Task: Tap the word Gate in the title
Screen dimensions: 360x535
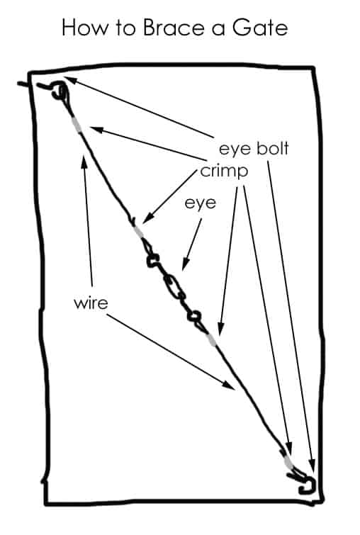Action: tap(260, 28)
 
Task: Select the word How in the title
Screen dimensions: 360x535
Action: tap(84, 28)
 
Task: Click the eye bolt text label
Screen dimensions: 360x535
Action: tap(254, 149)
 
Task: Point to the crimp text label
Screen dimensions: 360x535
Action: tap(224, 171)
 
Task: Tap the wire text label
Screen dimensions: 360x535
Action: tap(91, 303)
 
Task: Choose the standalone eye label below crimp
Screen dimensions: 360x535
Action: tap(201, 203)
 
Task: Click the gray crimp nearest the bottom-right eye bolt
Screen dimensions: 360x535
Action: tap(288, 462)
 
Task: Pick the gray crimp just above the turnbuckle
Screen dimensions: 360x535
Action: tap(139, 232)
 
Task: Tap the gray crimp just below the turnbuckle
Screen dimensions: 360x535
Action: tap(212, 339)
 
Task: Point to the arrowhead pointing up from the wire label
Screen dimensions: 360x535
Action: tap(84, 159)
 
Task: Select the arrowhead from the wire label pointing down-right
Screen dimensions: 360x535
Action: tap(230, 385)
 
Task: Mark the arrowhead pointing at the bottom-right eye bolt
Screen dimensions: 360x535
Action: tap(312, 467)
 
